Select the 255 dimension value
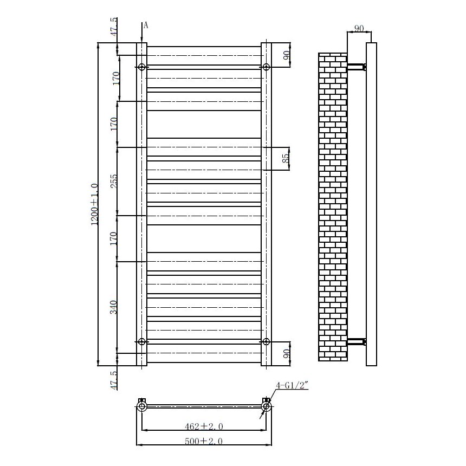point(114,182)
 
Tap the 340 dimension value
point(114,307)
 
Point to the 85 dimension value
point(286,159)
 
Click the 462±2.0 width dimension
point(204,426)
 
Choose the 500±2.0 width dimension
point(204,442)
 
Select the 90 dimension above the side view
point(358,28)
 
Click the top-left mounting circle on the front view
point(141,67)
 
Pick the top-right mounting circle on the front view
point(266,67)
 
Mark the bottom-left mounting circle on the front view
point(141,341)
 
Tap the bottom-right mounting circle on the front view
point(266,341)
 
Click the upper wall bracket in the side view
point(357,67)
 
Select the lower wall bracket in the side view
point(357,341)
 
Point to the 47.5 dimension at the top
point(114,28)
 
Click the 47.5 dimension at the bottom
point(114,380)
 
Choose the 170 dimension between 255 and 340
point(114,238)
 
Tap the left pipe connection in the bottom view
point(141,406)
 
